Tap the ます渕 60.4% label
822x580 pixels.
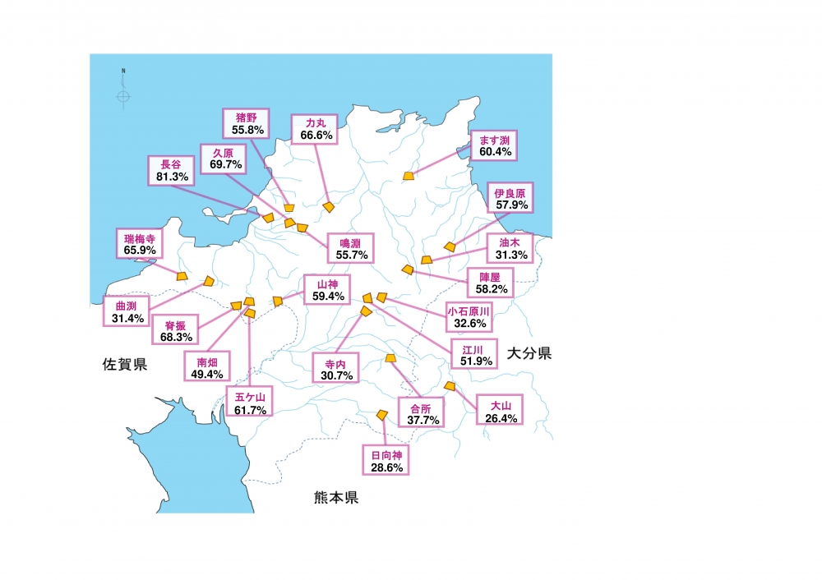click(x=496, y=146)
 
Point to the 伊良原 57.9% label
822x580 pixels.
click(x=510, y=197)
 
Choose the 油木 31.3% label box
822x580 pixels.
click(x=510, y=249)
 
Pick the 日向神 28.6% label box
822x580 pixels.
click(x=386, y=460)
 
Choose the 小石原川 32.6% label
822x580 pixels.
click(x=469, y=317)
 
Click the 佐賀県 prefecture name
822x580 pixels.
click(x=125, y=364)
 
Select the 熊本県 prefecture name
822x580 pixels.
click(x=335, y=497)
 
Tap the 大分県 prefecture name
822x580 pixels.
click(x=529, y=354)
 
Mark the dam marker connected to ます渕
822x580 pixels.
click(x=409, y=175)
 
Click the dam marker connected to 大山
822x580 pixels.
click(x=449, y=385)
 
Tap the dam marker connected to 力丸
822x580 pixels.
click(x=328, y=207)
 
